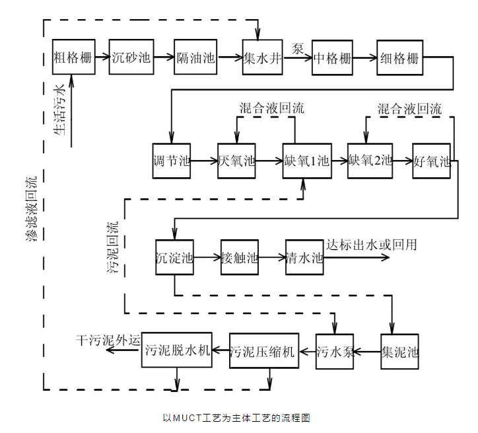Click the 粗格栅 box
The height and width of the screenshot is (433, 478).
72,57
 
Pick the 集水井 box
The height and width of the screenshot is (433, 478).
263,57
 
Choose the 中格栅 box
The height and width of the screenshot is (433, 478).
332,57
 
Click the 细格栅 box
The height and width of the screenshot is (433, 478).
398,57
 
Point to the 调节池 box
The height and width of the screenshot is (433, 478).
172,161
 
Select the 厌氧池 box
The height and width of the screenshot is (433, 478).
236,161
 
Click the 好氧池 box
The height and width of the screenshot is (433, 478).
432,161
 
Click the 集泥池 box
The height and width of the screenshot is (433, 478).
400,350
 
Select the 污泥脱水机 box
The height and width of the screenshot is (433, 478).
178,350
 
